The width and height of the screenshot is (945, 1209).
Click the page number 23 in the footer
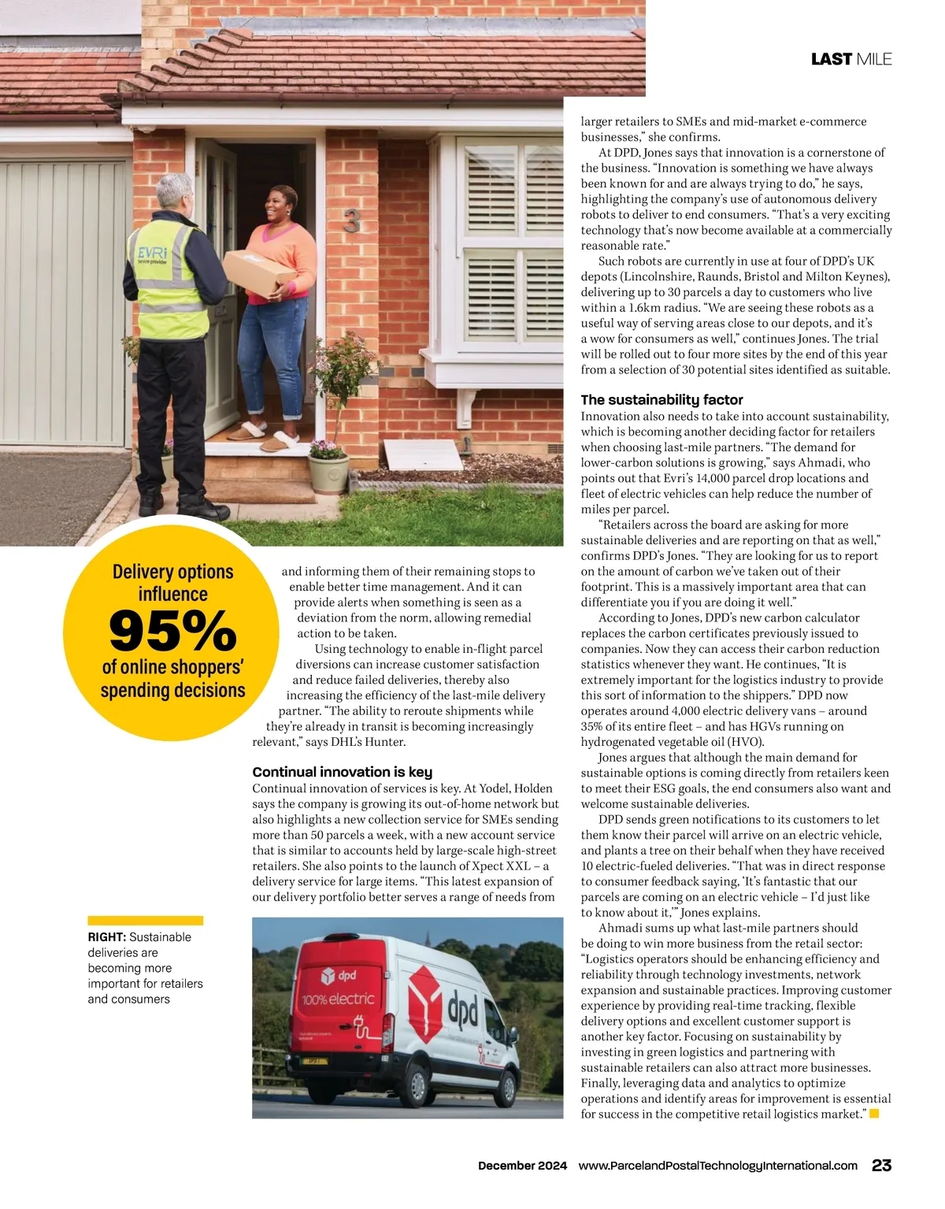881,1165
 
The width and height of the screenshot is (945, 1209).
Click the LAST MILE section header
850,59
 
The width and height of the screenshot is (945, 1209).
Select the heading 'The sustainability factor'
661,399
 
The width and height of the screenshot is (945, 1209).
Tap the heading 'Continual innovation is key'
342,772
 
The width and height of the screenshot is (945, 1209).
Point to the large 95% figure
172,631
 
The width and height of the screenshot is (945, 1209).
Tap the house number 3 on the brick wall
351,223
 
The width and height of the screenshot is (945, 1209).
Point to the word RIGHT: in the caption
106,937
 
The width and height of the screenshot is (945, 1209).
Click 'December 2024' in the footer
522,1166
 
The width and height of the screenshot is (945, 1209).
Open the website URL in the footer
717,1166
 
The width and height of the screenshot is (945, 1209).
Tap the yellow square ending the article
874,1114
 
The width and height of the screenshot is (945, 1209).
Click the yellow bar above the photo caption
145,920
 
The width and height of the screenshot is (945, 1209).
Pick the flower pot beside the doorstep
328,473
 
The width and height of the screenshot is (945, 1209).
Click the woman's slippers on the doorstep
264,437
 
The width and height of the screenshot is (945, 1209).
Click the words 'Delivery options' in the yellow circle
172,572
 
